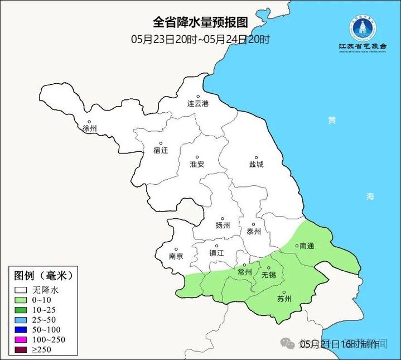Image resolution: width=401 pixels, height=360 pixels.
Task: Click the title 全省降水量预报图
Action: point(200,22)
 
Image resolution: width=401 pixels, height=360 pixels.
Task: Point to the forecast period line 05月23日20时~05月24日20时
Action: point(200,39)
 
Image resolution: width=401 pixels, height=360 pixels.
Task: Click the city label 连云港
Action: point(197,104)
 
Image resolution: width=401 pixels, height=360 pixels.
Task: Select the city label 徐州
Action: point(89,128)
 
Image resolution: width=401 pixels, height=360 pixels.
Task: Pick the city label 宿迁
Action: point(160,150)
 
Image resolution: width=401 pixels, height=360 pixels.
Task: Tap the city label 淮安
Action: point(197,164)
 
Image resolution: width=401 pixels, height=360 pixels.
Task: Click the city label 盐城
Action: point(256,165)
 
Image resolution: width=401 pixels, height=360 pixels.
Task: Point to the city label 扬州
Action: point(223,225)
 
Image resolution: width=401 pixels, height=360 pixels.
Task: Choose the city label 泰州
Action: point(253,232)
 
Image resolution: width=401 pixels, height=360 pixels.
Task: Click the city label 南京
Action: point(176,257)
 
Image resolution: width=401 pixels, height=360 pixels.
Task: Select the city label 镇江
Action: point(216,253)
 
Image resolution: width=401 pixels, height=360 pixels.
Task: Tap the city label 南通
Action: point(307,246)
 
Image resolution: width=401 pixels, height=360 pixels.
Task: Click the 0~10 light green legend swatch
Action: point(22,300)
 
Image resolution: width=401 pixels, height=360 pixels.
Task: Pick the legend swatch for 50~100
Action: point(22,330)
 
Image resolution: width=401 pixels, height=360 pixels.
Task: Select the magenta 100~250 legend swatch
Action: point(22,340)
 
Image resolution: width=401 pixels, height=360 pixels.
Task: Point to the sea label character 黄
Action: point(332,120)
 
